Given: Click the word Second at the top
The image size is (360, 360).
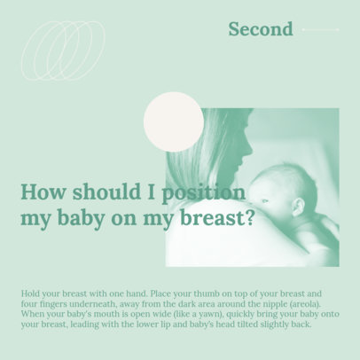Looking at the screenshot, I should pos(260,29).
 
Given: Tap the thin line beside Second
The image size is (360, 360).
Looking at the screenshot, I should pos(320,29).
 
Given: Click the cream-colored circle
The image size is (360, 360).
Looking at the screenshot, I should pos(173,121).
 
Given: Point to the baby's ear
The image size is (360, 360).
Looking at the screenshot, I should pos(298,206).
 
